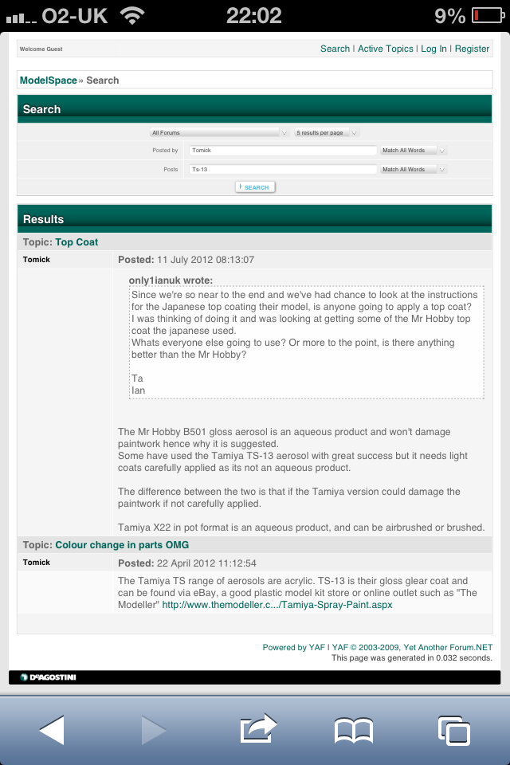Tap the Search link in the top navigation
[x=335, y=49]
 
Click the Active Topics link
[x=385, y=49]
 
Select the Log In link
[x=433, y=49]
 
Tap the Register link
[x=472, y=49]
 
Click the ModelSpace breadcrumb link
[x=49, y=80]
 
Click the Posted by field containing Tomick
[x=282, y=150]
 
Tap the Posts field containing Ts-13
[x=282, y=169]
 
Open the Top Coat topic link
[x=76, y=242]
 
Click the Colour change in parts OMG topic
[x=122, y=545]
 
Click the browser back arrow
[x=52, y=730]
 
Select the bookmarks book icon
[x=354, y=730]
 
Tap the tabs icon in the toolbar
[x=453, y=730]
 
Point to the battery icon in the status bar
[x=486, y=15]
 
